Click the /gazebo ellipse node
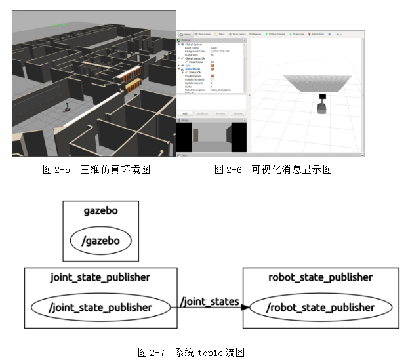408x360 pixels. pos(101,241)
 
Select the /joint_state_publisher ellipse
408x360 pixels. pos(100,307)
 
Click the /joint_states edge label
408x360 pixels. pos(209,302)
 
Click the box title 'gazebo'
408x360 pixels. pos(101,211)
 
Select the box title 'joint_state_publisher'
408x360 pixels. pos(100,277)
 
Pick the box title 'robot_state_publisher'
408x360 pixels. pos(320,277)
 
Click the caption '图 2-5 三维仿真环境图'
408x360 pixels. pos(96,170)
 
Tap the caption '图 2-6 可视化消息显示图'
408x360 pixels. pos(273,170)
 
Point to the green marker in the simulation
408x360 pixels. pos(58,25)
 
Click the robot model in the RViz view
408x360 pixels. pos(321,104)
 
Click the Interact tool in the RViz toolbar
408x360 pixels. pos(186,33)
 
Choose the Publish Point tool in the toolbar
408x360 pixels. pos(317,33)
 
